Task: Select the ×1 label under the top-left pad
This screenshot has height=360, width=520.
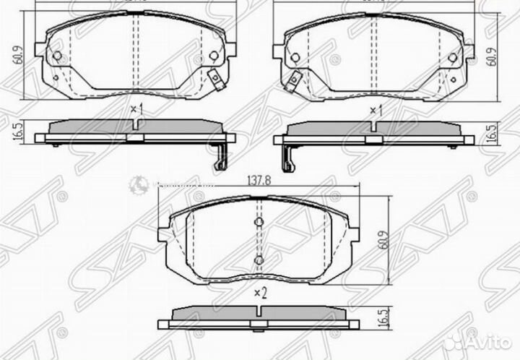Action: click(x=137, y=109)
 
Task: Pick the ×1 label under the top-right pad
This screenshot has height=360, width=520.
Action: click(x=376, y=109)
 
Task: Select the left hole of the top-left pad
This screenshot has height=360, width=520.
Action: click(x=58, y=56)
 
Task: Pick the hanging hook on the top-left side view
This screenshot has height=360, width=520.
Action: click(x=217, y=159)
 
